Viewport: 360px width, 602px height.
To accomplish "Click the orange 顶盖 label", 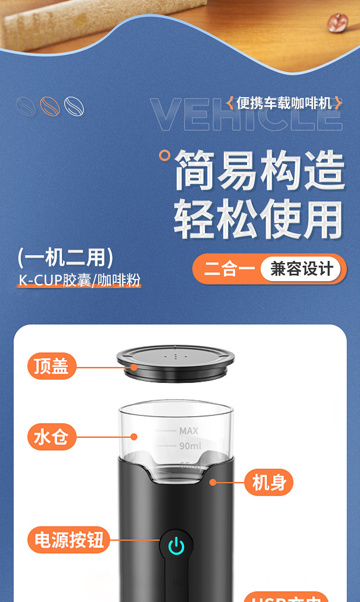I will point(51,366).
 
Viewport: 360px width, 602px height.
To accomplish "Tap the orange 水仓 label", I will point(51,437).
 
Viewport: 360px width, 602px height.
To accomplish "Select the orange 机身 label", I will point(269,482).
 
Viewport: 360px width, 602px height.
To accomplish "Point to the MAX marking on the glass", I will point(189,431).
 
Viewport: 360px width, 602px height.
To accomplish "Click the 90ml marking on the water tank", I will point(190,446).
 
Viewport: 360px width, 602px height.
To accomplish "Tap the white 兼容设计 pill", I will point(301,269).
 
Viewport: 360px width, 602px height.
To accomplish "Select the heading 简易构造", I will point(260,171).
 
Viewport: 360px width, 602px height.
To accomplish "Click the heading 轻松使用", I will point(258,220).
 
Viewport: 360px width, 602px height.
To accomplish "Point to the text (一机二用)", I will point(65,257).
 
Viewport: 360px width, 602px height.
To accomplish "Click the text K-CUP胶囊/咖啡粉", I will point(80,280).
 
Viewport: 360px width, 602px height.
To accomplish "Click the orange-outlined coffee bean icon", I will point(50,106).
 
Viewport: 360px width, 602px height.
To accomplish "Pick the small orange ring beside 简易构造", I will point(165,155).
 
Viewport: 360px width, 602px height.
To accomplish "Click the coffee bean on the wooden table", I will point(338,21).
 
